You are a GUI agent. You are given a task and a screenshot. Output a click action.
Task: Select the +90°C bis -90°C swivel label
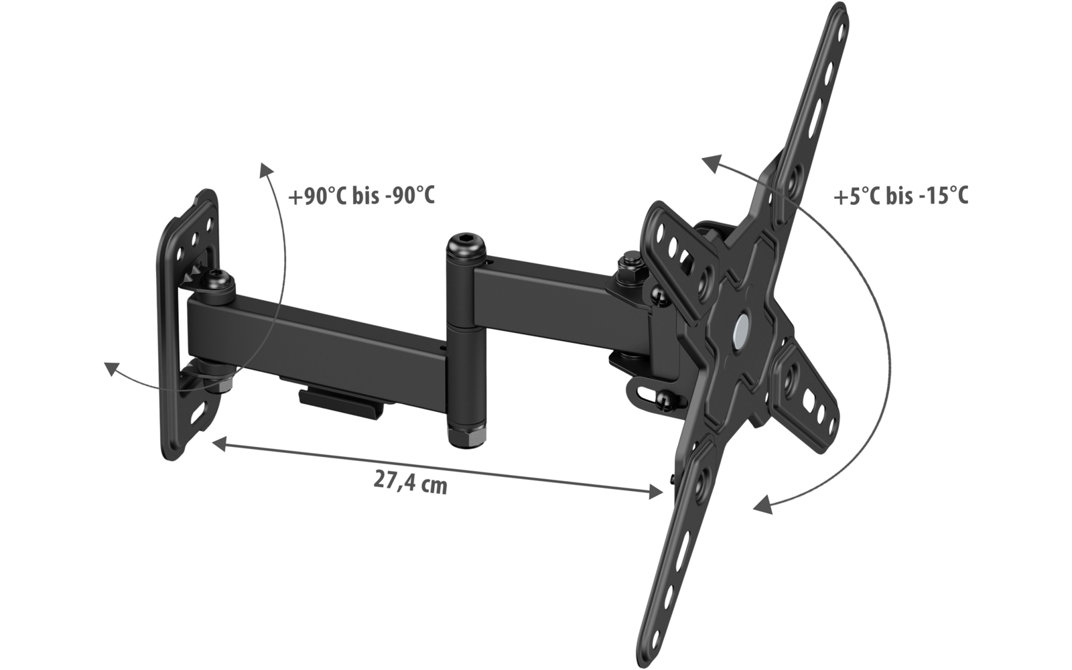pos(361,196)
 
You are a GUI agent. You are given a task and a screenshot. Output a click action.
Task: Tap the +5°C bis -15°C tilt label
pos(900,196)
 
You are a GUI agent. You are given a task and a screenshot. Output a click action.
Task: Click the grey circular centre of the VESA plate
pos(742,328)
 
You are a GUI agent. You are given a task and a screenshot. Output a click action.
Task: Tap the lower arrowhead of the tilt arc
pos(761,507)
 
